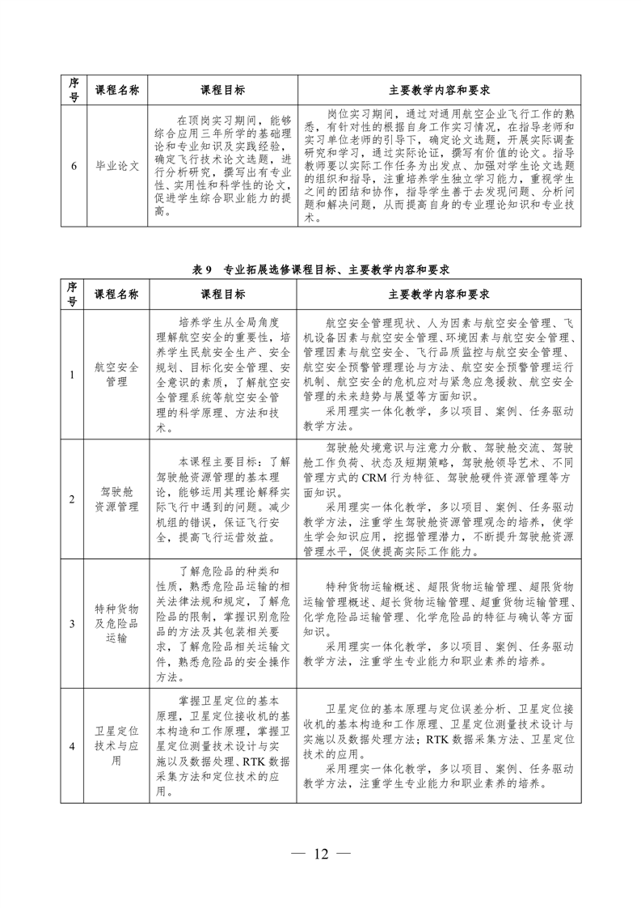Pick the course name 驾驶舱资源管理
point(116,499)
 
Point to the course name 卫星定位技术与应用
point(116,745)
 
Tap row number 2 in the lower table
point(73,499)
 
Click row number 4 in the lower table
point(73,745)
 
